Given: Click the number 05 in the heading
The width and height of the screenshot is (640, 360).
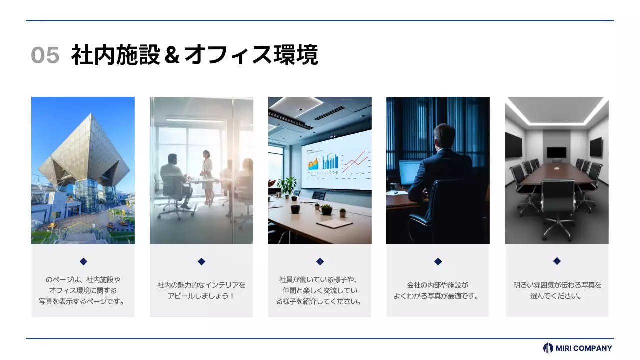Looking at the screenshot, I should tap(45, 55).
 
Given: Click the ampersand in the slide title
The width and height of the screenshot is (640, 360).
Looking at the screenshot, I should tap(171, 55).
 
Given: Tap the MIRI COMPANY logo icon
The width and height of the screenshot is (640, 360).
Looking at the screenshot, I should tap(548, 348).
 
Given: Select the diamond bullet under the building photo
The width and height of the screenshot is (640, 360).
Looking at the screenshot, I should tap(83, 261).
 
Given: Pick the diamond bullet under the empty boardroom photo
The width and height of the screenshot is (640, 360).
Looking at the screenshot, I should tap(557, 261).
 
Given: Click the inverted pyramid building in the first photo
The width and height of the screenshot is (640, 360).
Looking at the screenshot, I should tap(84, 152).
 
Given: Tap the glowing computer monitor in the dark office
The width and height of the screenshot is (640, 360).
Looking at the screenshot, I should tap(409, 172).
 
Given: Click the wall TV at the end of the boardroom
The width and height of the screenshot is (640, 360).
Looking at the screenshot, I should tap(556, 152).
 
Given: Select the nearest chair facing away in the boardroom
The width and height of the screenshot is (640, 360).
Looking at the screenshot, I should tap(558, 200).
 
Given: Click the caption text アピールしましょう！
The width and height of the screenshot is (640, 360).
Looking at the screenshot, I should tap(201, 296).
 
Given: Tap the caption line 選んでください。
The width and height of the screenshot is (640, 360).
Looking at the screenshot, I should tap(557, 296).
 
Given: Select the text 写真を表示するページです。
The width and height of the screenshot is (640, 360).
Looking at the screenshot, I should tap(82, 301).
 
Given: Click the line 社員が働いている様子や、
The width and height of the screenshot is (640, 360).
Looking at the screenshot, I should tap(319, 279).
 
